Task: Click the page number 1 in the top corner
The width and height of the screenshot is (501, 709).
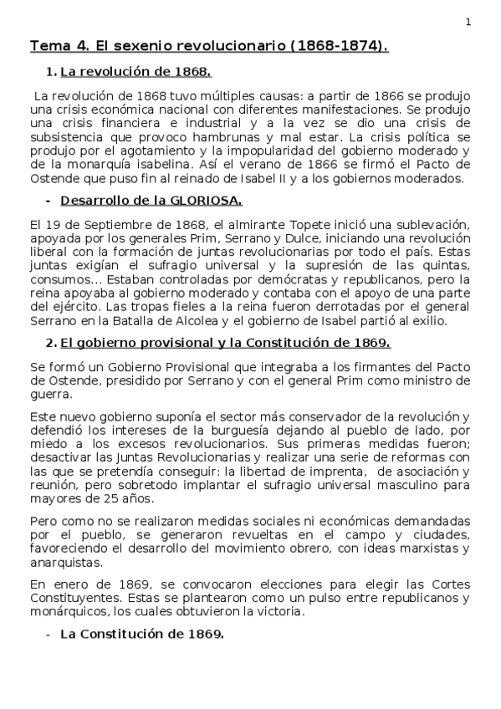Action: [x=468, y=23]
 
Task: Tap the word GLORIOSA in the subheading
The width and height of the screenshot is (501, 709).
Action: [x=208, y=201]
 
